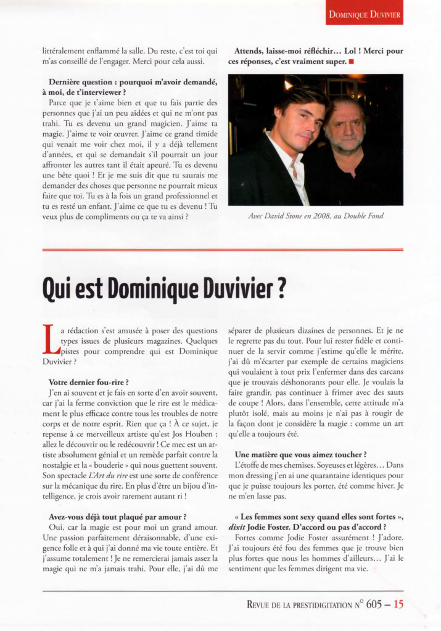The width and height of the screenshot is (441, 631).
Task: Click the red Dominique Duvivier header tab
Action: (x=364, y=13)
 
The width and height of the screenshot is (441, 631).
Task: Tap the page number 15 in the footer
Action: (x=398, y=605)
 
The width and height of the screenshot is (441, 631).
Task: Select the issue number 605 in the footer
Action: (x=374, y=605)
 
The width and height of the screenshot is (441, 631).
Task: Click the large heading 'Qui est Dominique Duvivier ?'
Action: (x=163, y=288)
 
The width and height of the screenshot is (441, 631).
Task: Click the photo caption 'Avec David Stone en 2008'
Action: (x=315, y=216)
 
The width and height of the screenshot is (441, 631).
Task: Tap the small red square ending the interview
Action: (x=350, y=62)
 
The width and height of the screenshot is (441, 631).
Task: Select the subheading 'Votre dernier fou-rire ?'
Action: (x=88, y=383)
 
